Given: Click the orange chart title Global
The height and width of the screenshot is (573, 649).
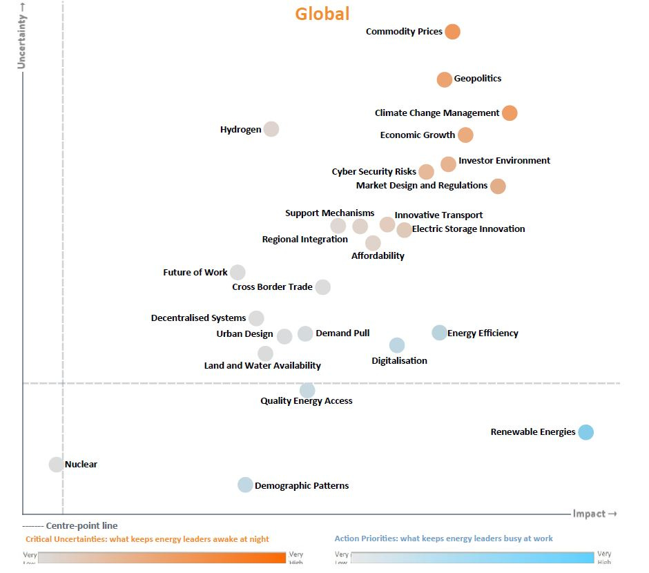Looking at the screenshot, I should pos(322,14).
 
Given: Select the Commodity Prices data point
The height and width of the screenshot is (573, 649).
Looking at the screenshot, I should pos(452,32).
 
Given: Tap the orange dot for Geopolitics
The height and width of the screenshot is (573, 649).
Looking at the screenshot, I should pos(445,79).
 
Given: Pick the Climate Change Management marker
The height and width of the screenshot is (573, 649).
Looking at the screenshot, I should pos(510,113).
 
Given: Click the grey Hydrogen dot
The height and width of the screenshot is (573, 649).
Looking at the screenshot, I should pos(271,129).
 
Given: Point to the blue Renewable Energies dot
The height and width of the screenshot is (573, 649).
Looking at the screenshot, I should pos(585,432).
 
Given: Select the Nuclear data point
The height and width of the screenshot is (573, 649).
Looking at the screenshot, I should pos(57,465).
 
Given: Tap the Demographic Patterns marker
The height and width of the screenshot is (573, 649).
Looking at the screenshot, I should pos(245,485).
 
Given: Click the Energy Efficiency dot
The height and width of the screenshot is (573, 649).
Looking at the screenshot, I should pos(439,333).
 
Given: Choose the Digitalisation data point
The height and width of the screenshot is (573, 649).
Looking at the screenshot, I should pos(397,345).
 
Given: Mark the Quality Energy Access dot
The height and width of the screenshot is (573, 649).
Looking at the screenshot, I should pos(307,391).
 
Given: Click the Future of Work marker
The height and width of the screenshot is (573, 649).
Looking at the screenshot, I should pos(238,273).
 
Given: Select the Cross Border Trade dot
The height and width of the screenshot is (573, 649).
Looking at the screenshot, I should pos(322,287).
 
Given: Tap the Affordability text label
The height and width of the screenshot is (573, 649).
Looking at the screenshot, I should pos(378,256).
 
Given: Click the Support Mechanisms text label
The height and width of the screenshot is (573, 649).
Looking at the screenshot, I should pos(329,213).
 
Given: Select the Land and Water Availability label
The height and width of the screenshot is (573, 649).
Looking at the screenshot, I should pos(262,366).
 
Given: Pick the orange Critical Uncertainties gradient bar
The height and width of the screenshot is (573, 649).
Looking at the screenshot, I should pos(162,558).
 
